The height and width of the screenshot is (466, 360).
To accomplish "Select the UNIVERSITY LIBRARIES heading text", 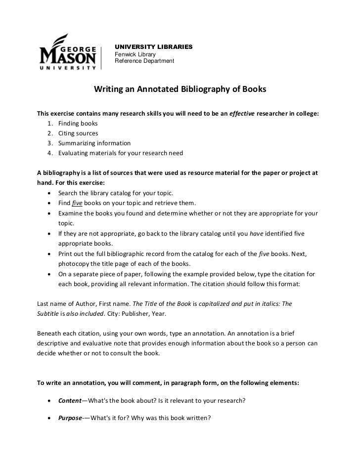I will (x=153, y=47).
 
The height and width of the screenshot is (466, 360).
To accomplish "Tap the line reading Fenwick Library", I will (x=135, y=54).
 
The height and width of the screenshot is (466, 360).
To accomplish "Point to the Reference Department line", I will (x=144, y=61).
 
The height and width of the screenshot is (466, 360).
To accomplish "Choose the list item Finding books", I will (x=78, y=124).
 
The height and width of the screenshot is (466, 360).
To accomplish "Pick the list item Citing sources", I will (x=78, y=133).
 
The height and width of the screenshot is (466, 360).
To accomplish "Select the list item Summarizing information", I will (x=94, y=143).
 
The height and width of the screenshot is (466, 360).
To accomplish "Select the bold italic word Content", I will (x=70, y=400).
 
